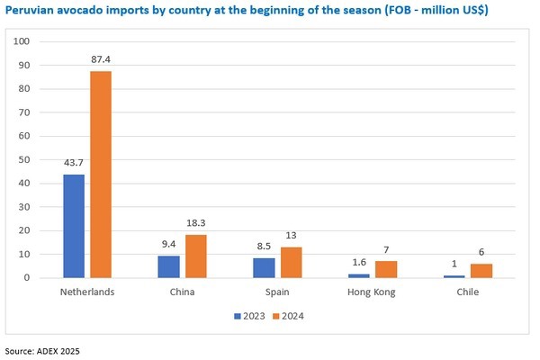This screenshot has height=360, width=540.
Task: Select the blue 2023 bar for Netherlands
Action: (x=74, y=226)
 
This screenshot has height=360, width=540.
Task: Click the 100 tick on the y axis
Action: (x=23, y=41)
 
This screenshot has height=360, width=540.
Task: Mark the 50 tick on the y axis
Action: (x=26, y=159)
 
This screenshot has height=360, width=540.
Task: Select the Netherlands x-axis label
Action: (x=86, y=293)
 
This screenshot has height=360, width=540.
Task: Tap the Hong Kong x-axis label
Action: (x=372, y=293)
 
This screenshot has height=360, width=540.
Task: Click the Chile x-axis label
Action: (x=466, y=293)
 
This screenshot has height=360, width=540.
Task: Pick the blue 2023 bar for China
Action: (x=168, y=266)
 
